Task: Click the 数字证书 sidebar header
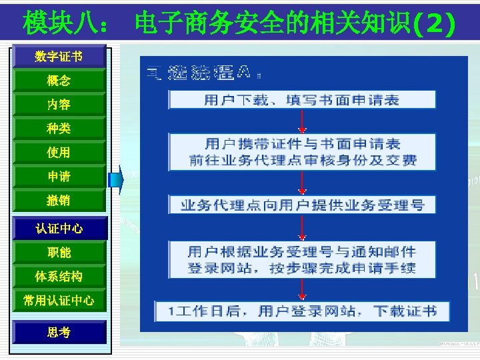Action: click(59, 57)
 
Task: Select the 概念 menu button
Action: click(59, 81)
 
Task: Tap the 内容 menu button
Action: click(59, 105)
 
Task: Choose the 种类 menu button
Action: click(59, 129)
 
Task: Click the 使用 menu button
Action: click(59, 153)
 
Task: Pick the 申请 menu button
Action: click(59, 177)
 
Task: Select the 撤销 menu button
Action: click(59, 200)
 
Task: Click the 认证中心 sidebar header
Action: click(59, 229)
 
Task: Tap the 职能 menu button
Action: click(59, 253)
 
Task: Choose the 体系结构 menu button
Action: click(59, 277)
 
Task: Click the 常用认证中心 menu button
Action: click(59, 301)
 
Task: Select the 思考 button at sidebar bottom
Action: click(59, 332)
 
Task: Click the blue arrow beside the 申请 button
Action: click(117, 179)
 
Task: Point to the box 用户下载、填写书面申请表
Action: click(302, 100)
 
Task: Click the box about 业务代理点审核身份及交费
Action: click(302, 152)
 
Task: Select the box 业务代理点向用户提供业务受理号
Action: click(302, 205)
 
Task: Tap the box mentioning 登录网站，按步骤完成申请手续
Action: click(302, 259)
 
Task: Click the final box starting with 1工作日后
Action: click(302, 311)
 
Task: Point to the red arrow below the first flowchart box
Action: click(303, 121)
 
